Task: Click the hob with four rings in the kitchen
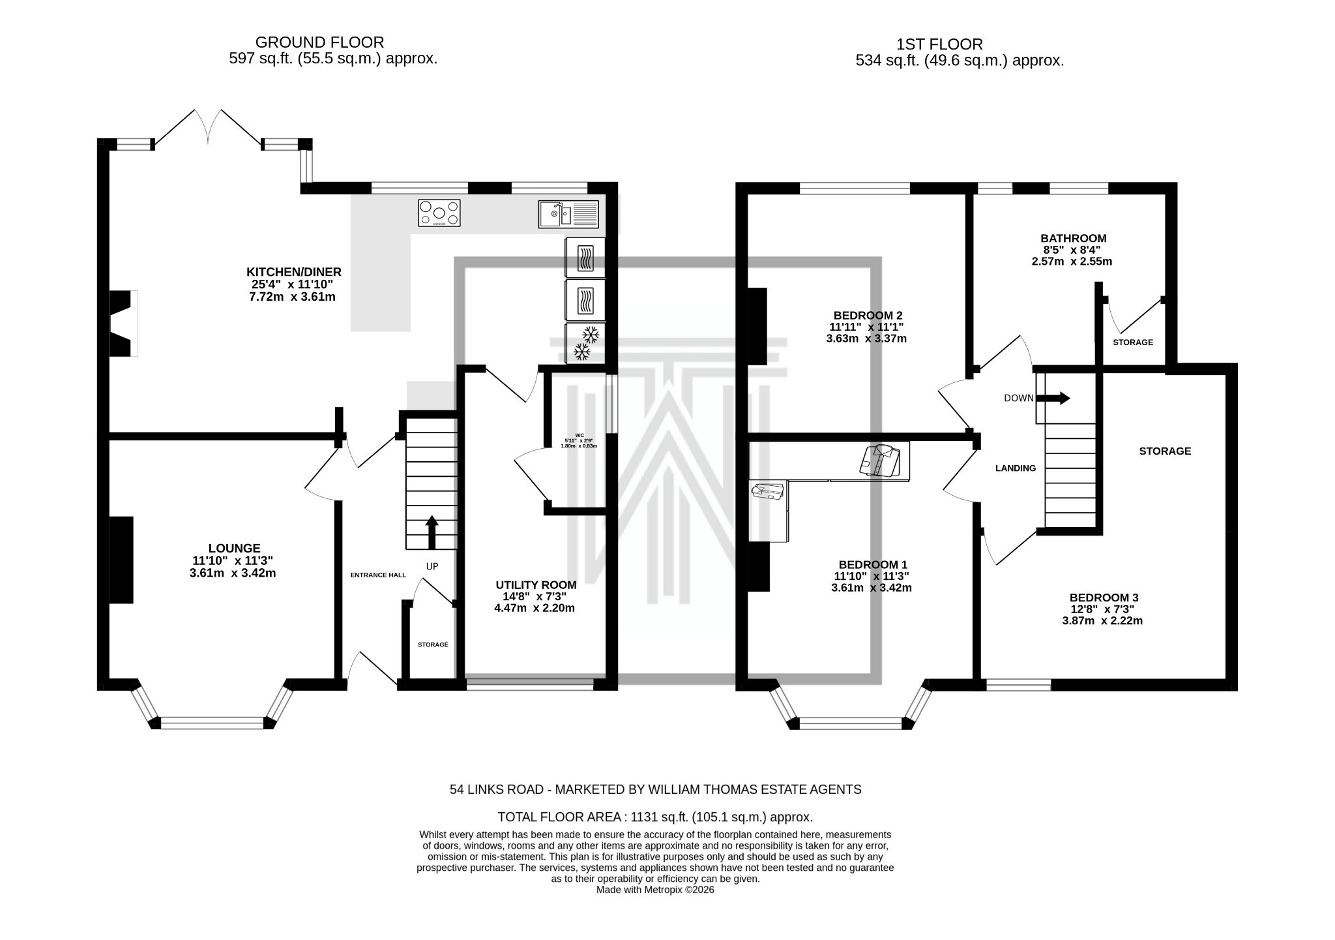[x=439, y=213]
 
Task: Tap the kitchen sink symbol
[x=568, y=213]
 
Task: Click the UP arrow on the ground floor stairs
[x=432, y=532]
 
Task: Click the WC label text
[x=579, y=434]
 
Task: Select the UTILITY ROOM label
[x=536, y=584]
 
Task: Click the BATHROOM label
[x=1073, y=238]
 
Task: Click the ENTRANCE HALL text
[x=378, y=575]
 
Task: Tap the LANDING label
[x=1015, y=468]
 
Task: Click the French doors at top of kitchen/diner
[x=209, y=127]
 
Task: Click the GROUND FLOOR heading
[x=319, y=42]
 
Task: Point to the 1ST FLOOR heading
[x=939, y=44]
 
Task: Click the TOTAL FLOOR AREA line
[x=655, y=817]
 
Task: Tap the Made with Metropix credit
[x=655, y=889]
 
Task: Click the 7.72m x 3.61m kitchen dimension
[x=293, y=297]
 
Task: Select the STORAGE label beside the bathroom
[x=1132, y=342]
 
